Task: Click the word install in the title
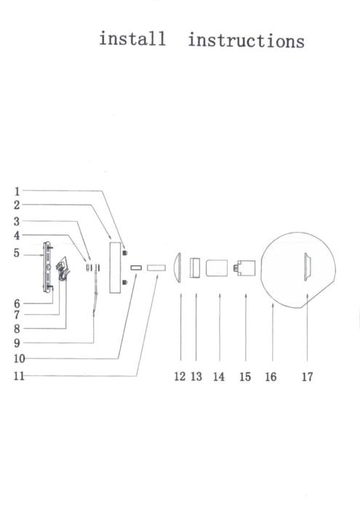(132, 39)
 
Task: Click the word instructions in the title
(247, 41)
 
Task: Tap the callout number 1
(17, 191)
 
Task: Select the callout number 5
(17, 253)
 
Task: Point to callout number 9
(17, 342)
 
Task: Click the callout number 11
(19, 376)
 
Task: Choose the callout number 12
(180, 377)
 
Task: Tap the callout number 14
(219, 377)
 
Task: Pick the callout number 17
(307, 377)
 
